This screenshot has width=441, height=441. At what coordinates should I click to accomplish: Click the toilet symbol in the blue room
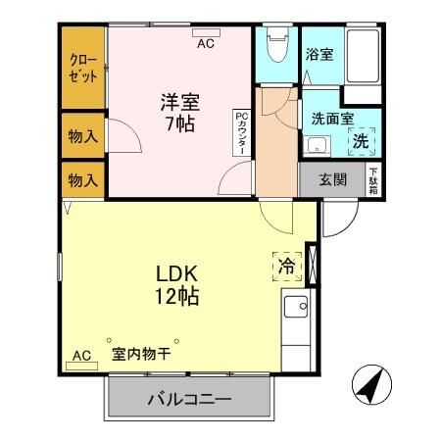click(275, 48)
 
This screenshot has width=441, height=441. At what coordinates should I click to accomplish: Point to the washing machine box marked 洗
click(361, 141)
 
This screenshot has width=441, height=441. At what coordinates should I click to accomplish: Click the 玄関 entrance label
click(334, 179)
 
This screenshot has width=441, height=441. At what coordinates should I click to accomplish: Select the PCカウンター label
click(241, 133)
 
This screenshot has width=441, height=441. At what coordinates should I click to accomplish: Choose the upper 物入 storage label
click(82, 136)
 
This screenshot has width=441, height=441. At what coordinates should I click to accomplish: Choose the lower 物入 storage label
click(82, 180)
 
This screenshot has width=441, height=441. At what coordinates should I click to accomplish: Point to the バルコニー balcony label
click(189, 400)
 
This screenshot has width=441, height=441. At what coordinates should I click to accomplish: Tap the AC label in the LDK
click(80, 355)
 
